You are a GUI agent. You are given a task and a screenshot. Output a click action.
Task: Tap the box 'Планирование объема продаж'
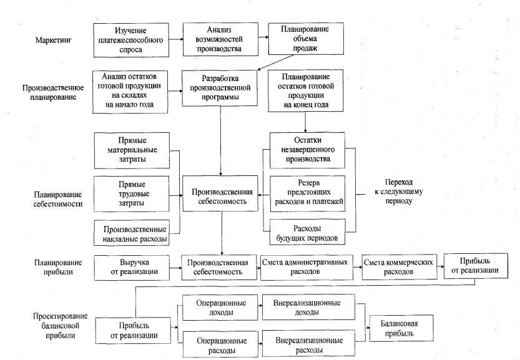[306, 39]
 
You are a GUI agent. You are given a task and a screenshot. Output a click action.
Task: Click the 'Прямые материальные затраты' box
[132, 150]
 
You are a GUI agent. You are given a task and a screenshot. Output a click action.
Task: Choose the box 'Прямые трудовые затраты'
[132, 194]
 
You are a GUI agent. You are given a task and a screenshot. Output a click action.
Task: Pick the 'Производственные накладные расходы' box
[132, 232]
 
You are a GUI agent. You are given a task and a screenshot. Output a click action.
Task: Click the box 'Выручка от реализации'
[132, 267]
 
